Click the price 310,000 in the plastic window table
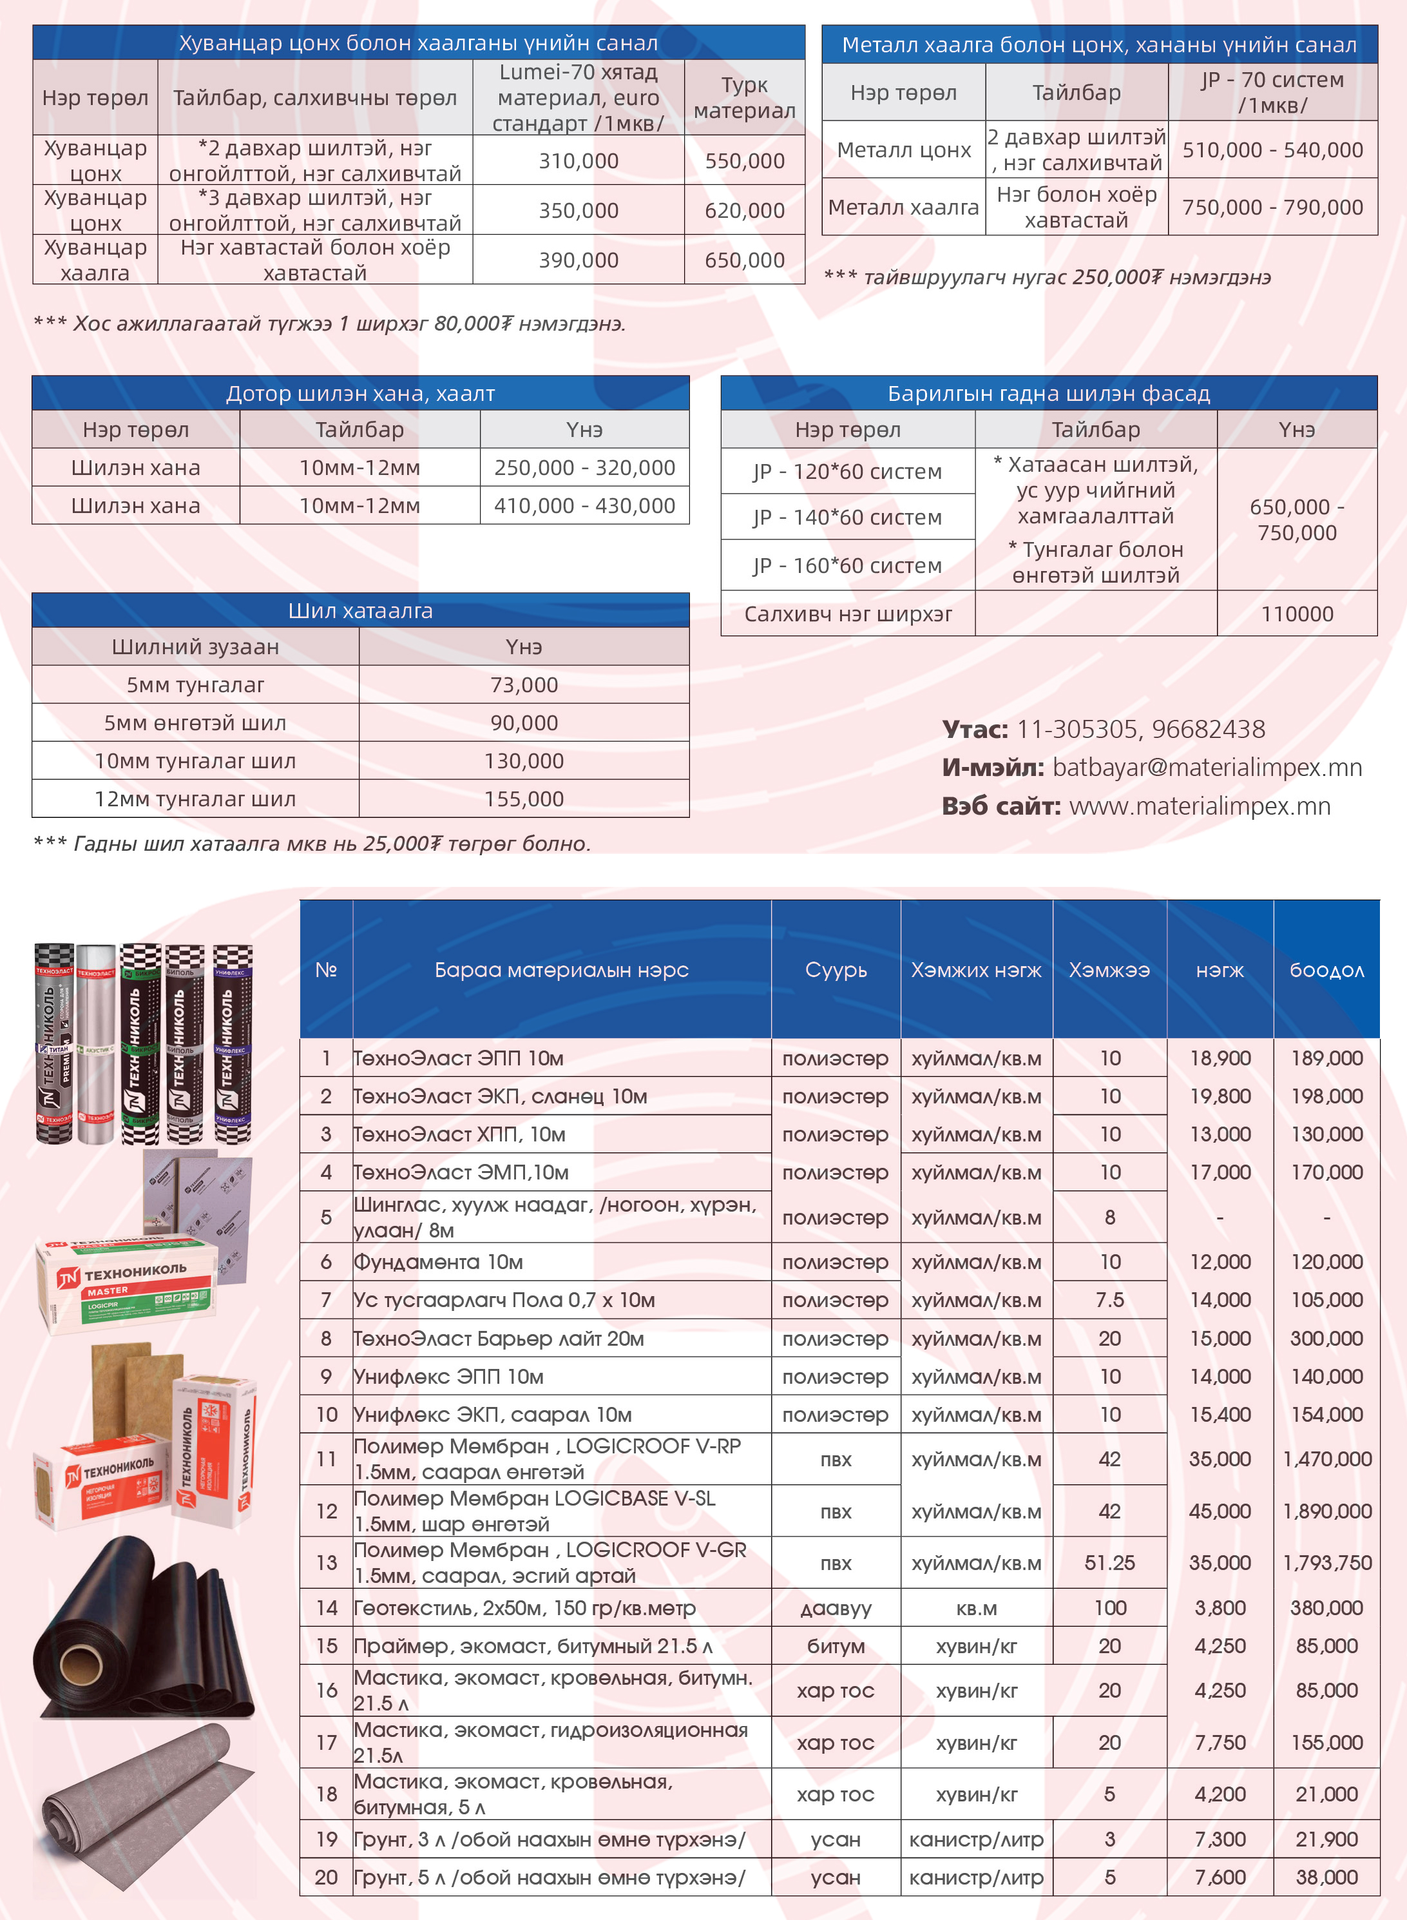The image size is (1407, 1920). pyautogui.click(x=579, y=161)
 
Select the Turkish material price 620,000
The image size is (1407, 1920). pyautogui.click(x=744, y=210)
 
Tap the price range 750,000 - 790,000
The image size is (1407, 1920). pyautogui.click(x=1272, y=207)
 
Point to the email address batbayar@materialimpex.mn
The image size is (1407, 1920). pyautogui.click(x=1207, y=768)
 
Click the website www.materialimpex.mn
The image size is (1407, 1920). pyautogui.click(x=1199, y=806)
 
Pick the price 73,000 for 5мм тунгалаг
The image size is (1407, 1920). pyautogui.click(x=524, y=685)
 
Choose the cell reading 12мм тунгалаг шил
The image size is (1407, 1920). pyautogui.click(x=195, y=799)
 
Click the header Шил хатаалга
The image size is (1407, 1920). pyautogui.click(x=360, y=611)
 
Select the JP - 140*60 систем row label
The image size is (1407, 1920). pyautogui.click(x=847, y=517)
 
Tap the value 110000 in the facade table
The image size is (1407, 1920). pyautogui.click(x=1296, y=614)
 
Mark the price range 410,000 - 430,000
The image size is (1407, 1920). pyautogui.click(x=584, y=506)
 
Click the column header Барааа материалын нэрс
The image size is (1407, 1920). pyautogui.click(x=561, y=969)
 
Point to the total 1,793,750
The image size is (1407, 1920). pyautogui.click(x=1326, y=1562)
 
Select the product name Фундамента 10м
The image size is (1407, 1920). pyautogui.click(x=439, y=1261)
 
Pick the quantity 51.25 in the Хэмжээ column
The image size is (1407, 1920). pyautogui.click(x=1109, y=1562)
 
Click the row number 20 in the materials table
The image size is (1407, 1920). pyautogui.click(x=326, y=1877)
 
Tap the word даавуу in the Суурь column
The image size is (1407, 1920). pyautogui.click(x=836, y=1608)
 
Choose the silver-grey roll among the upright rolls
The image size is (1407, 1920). pyautogui.click(x=95, y=1043)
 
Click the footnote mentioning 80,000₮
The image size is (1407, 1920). pyautogui.click(x=329, y=324)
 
